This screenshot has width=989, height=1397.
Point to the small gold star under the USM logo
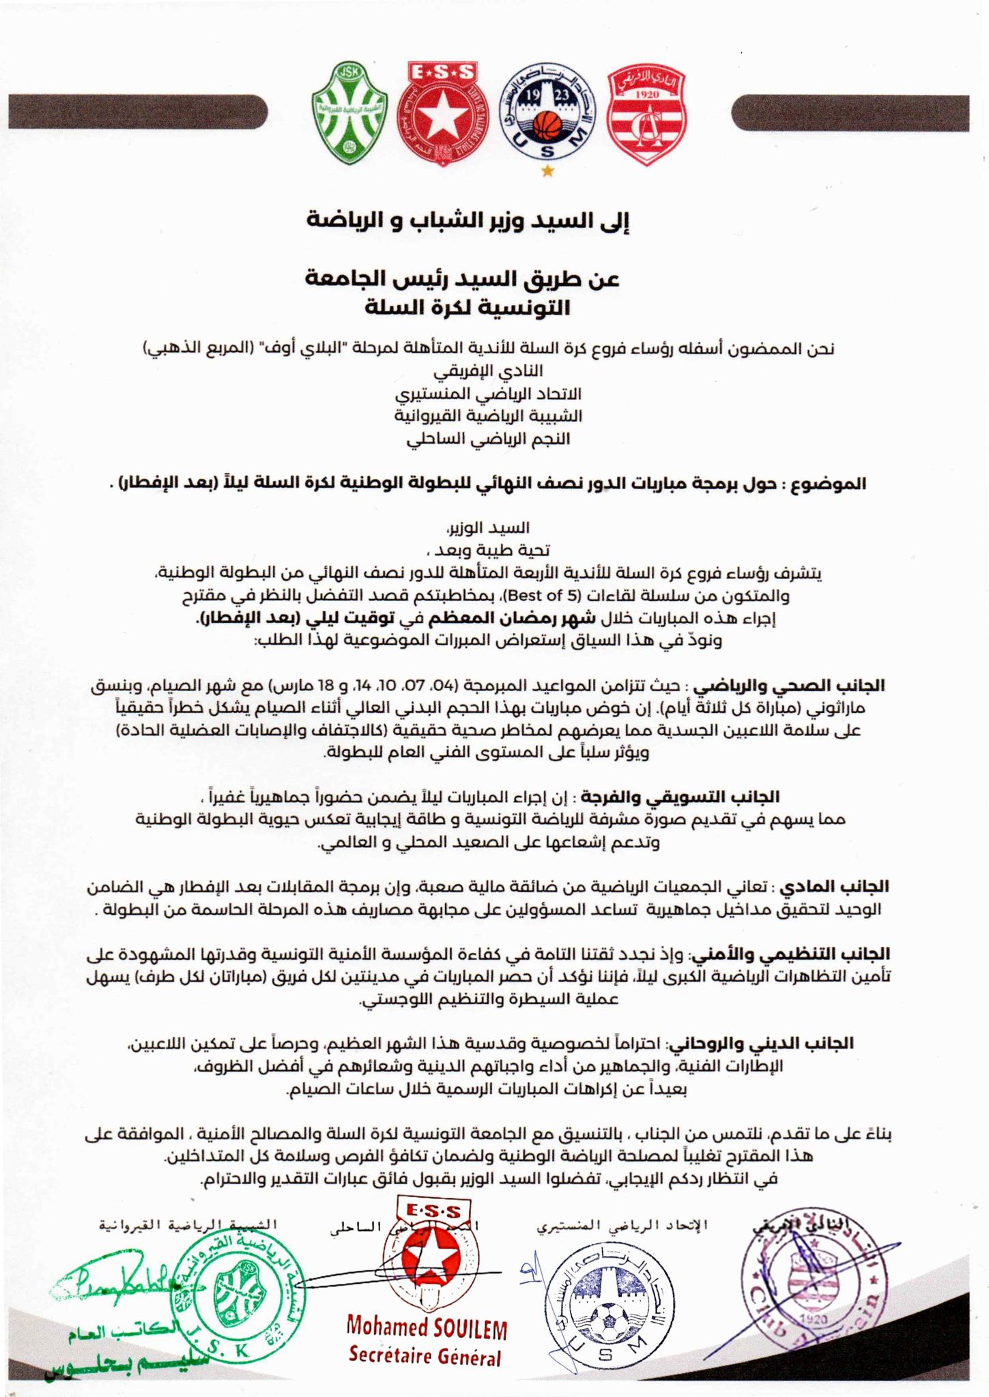pos(547,172)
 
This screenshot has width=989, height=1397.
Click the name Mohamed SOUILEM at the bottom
pos(427,1327)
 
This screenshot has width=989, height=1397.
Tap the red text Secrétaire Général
pos(425,1355)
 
